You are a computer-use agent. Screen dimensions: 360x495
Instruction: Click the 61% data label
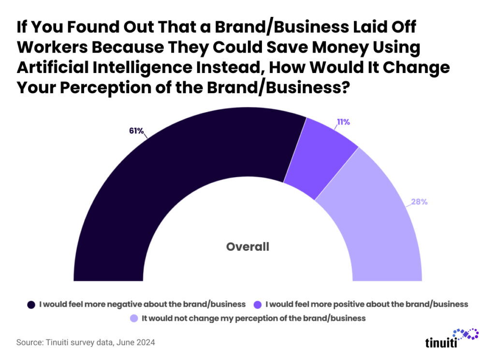(x=136, y=131)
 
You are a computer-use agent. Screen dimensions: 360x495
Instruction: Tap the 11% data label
(x=343, y=122)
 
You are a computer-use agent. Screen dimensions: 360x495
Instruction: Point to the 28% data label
(x=419, y=202)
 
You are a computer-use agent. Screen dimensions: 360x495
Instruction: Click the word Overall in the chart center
(x=247, y=247)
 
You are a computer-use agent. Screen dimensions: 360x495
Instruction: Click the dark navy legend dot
(x=31, y=304)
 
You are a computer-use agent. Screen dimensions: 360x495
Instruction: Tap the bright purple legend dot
(x=258, y=304)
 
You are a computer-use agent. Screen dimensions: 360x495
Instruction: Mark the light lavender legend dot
(x=134, y=318)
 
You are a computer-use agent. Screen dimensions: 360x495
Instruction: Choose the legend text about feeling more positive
(x=367, y=304)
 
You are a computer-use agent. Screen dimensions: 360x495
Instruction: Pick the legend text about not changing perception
(x=253, y=318)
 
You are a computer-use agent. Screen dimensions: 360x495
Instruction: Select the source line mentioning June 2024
(x=86, y=343)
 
